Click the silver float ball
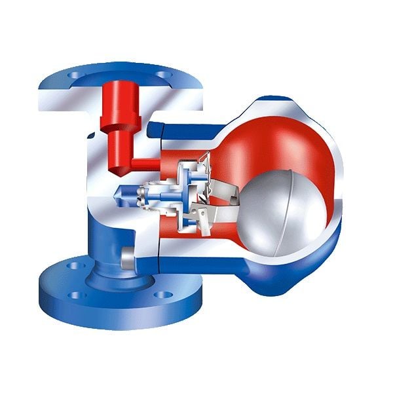(282, 210)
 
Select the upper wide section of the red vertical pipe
(120, 98)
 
